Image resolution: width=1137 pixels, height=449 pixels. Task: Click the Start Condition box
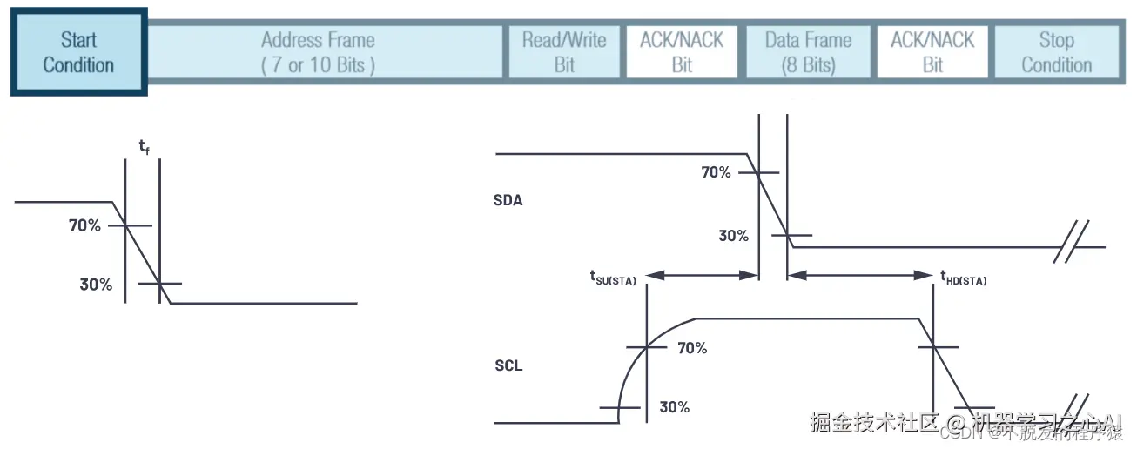click(x=78, y=52)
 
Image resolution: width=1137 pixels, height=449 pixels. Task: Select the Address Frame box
click(x=319, y=52)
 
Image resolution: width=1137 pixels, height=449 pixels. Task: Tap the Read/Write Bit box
click(x=564, y=52)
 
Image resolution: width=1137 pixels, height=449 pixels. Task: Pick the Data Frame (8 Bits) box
click(x=807, y=52)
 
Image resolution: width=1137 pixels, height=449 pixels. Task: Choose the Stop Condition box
click(x=1056, y=52)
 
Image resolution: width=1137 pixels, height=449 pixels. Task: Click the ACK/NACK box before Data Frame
click(x=682, y=52)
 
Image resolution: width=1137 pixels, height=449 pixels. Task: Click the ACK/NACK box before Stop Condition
click(x=932, y=52)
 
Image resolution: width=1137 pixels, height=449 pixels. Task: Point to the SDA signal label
click(x=508, y=200)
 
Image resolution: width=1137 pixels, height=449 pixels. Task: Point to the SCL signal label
click(x=508, y=365)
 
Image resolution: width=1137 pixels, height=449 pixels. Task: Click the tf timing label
click(x=144, y=147)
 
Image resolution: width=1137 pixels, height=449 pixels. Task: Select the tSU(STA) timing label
click(x=613, y=278)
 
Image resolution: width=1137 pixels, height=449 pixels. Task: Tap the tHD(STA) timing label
click(x=963, y=278)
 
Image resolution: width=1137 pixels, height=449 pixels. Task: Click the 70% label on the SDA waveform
click(x=716, y=172)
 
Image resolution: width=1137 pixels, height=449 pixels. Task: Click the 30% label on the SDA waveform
click(x=733, y=235)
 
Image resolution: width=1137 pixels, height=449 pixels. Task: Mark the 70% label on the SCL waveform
click(x=692, y=348)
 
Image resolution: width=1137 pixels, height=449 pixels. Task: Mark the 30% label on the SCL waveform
click(x=675, y=406)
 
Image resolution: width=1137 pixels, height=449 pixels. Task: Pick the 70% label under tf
click(x=84, y=225)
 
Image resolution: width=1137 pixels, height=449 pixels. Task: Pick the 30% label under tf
click(x=96, y=284)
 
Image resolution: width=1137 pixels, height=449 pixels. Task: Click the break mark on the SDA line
click(x=1072, y=247)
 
